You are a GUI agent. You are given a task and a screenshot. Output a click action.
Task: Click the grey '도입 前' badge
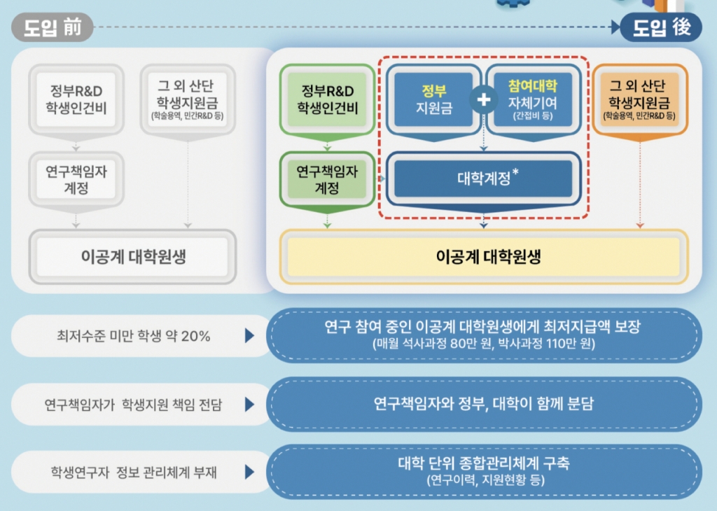coord(52,27)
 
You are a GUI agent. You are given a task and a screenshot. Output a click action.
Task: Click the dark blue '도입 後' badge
coord(661,27)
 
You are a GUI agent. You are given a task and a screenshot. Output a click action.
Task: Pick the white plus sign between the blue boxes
coord(484,99)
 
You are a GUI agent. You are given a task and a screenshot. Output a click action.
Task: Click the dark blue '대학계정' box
coord(484,178)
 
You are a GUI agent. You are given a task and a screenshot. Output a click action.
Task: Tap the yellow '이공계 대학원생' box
coord(484,256)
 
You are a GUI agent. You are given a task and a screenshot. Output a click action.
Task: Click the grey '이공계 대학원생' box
coord(132,256)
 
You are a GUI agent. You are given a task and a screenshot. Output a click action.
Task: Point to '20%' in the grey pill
coord(195,337)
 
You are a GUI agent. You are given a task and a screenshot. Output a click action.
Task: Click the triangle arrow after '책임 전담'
coord(250,404)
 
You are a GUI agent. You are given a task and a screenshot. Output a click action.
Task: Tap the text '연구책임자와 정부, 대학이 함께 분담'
coord(484,404)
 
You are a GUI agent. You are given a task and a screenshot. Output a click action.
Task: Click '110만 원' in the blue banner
coord(571,343)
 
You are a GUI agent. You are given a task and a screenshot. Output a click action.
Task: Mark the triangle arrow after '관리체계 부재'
coord(250,472)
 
